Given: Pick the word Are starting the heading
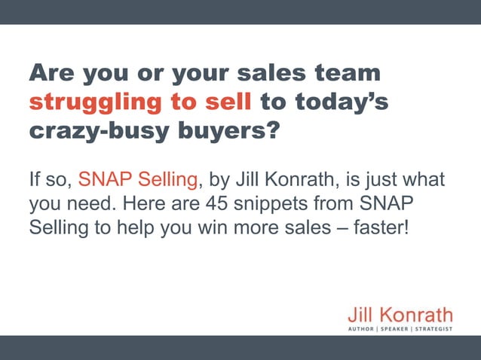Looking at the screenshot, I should tap(53, 74).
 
